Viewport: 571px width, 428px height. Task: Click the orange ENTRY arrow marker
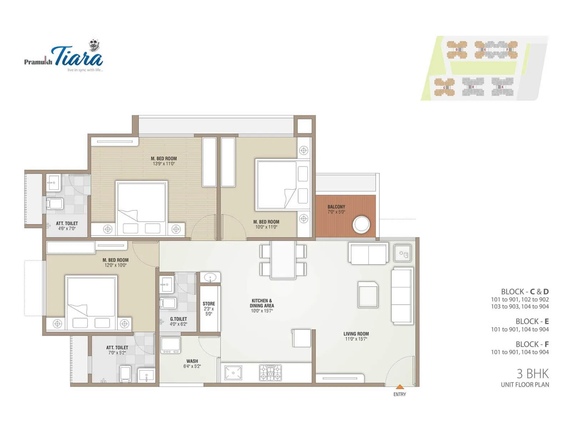pos(400,387)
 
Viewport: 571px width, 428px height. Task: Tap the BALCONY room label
pos(336,207)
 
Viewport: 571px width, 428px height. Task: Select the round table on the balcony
pos(361,225)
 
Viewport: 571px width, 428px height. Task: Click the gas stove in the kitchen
pos(270,373)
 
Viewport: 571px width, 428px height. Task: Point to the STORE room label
pos(209,304)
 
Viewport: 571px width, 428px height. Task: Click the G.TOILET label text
pos(178,319)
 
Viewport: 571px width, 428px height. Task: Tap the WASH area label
pos(192,361)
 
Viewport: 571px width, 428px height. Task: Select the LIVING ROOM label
pos(356,334)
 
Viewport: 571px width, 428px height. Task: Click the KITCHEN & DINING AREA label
pos(262,303)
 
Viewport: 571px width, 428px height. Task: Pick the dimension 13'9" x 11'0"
pos(164,164)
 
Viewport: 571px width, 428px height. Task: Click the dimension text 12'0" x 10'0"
pos(115,265)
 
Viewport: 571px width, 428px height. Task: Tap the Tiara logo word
pos(79,57)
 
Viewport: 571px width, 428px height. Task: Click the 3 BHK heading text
pos(532,374)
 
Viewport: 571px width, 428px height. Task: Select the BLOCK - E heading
pos(532,321)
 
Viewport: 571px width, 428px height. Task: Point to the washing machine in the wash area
pos(171,345)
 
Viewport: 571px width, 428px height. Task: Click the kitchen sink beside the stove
pos(233,373)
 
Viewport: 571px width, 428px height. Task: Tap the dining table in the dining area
pos(283,260)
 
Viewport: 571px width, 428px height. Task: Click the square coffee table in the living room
pos(368,294)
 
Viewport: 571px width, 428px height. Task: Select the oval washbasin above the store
pos(210,277)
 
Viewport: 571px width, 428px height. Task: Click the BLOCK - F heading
pos(532,344)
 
